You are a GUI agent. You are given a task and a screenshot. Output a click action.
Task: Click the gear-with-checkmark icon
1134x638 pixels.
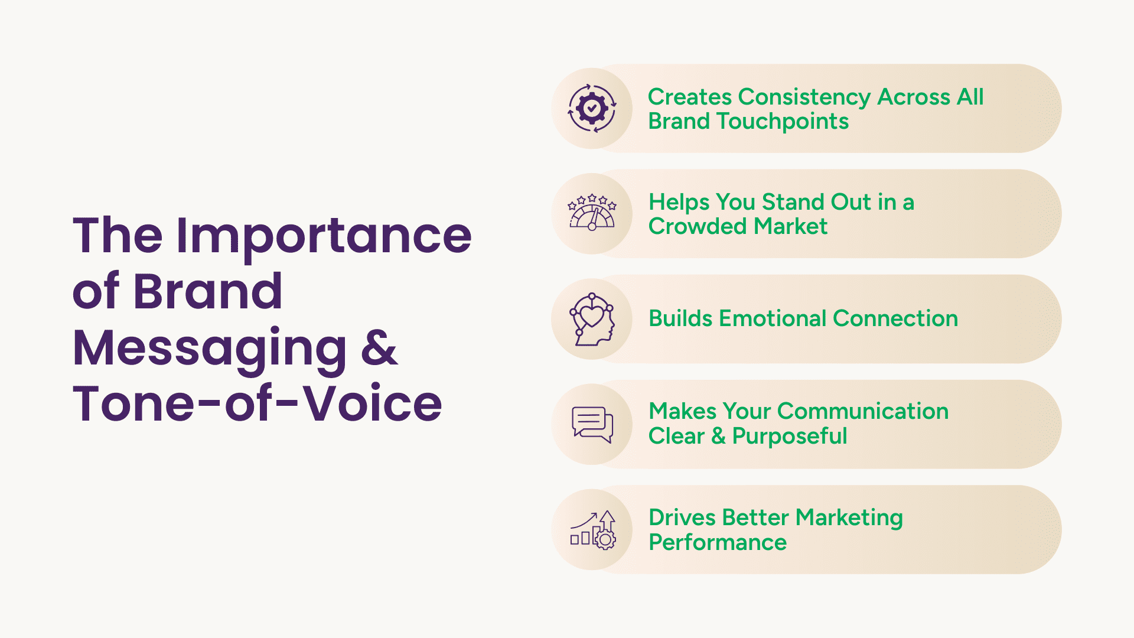[x=592, y=108]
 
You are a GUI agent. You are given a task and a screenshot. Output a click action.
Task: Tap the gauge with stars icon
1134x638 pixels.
[x=592, y=212]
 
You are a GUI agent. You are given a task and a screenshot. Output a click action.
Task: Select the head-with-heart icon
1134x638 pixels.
[x=592, y=319]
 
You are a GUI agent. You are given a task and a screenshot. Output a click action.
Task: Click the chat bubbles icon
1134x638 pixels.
[x=592, y=424]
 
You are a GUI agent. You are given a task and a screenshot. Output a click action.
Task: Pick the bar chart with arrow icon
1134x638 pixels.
[x=592, y=530]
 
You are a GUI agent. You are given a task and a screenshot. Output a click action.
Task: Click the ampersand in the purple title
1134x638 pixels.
[x=379, y=347]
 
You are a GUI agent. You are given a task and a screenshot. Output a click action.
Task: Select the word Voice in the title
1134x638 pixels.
[x=372, y=403]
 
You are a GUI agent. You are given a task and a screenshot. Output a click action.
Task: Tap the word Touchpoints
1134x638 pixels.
[x=783, y=122]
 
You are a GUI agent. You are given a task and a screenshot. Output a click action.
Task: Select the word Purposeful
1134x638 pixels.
[x=790, y=437]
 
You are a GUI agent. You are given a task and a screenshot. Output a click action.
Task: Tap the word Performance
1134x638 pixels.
[x=718, y=542]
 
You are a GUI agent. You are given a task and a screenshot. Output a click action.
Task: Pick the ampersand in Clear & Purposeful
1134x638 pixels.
[x=718, y=436]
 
